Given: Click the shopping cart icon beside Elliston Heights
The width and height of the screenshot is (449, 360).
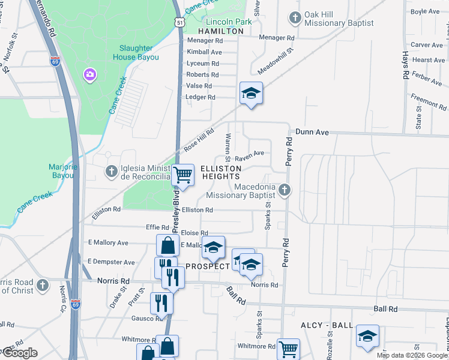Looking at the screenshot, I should pyautogui.click(x=183, y=175).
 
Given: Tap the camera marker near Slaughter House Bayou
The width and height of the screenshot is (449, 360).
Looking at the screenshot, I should pyautogui.click(x=90, y=74).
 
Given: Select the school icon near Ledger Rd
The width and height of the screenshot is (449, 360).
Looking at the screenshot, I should pyautogui.click(x=251, y=93).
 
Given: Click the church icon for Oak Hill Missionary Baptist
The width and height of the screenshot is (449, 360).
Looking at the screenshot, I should pyautogui.click(x=295, y=17).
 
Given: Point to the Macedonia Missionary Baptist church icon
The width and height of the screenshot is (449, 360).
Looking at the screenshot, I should pyautogui.click(x=285, y=191).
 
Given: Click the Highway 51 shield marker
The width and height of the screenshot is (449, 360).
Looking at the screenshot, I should pyautogui.click(x=180, y=22).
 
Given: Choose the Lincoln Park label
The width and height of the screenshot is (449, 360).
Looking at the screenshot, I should pyautogui.click(x=228, y=21).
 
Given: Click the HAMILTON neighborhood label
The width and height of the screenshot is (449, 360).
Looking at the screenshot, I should pyautogui.click(x=221, y=31).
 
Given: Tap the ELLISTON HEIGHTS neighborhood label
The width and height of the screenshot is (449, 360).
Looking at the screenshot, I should pyautogui.click(x=220, y=172).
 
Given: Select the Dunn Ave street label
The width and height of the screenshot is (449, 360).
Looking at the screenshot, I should pyautogui.click(x=312, y=131).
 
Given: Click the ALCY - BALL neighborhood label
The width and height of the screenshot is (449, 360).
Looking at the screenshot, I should pyautogui.click(x=327, y=325).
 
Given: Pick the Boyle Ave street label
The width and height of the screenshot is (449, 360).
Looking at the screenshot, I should pyautogui.click(x=426, y=11).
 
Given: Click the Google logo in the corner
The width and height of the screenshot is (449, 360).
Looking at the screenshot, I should pyautogui.click(x=19, y=353).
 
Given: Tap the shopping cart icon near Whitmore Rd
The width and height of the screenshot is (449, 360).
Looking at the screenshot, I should pyautogui.click(x=288, y=349).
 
